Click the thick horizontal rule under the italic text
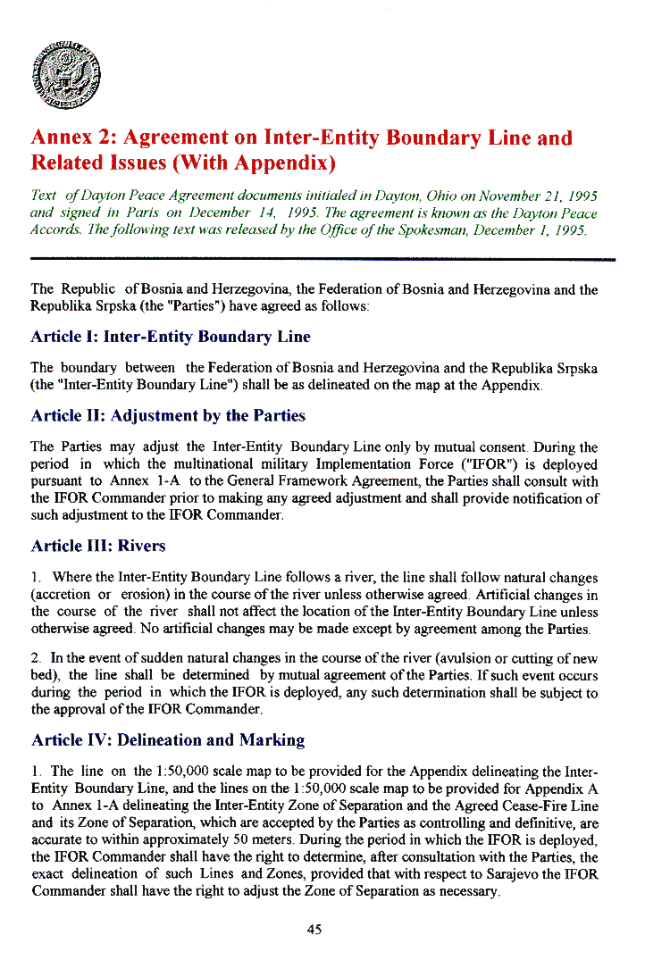[x=322, y=259]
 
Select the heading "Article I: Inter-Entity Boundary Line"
[x=171, y=338]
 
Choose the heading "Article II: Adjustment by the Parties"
[x=168, y=416]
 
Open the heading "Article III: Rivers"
[x=98, y=547]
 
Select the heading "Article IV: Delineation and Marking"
[x=168, y=740]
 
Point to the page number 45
[x=314, y=930]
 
